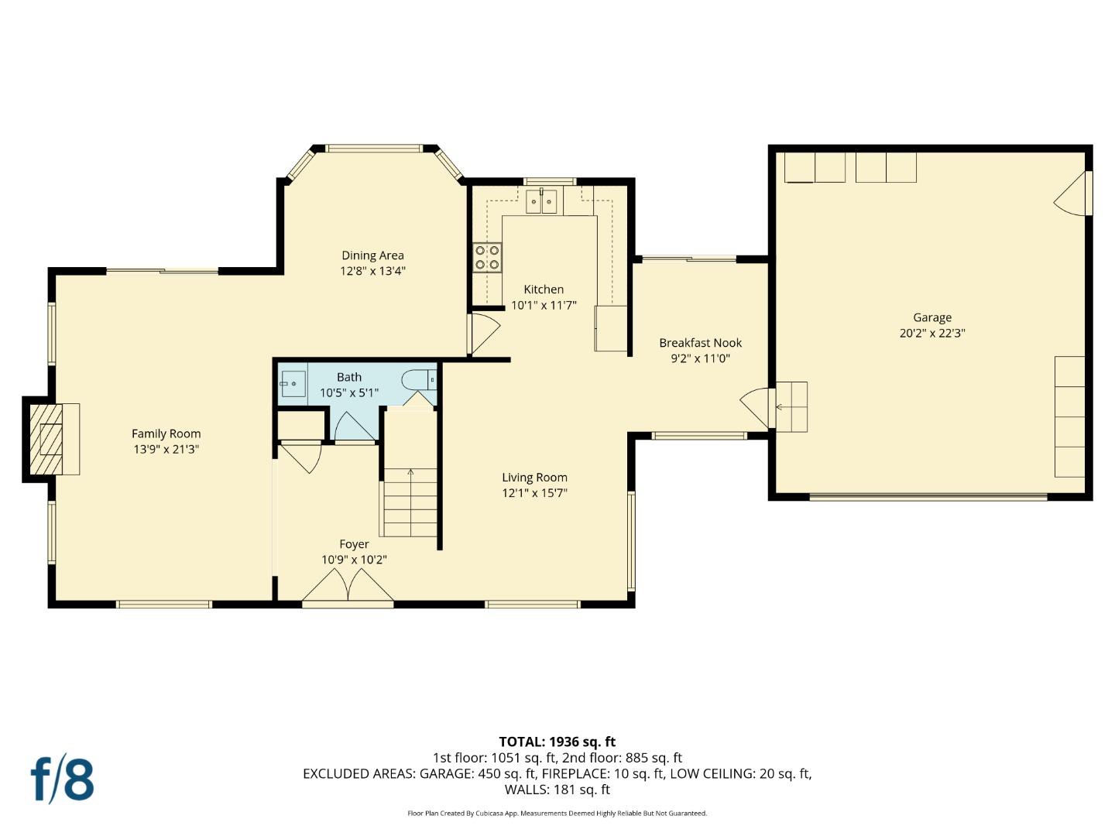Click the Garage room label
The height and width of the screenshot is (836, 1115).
coord(931,317)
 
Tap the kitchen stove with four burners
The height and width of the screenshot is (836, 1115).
coord(487,257)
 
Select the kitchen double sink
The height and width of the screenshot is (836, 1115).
coord(541,202)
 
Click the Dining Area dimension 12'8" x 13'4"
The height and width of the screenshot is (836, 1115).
coord(372,271)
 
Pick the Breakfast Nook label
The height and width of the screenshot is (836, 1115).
coord(700,343)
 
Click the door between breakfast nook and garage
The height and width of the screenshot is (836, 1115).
coord(758,407)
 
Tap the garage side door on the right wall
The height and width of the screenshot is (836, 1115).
coord(1072,194)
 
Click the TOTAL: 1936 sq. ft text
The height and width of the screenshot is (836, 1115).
coord(557,742)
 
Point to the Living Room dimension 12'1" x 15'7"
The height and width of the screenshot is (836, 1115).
coord(534,493)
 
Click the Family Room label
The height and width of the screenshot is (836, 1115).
coord(166,433)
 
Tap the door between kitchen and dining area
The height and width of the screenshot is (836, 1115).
coord(483,334)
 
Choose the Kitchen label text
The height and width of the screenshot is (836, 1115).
coord(544,290)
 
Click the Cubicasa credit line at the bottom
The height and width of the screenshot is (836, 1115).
coord(557,814)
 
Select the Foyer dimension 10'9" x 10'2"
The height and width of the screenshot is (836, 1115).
coord(354,560)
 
